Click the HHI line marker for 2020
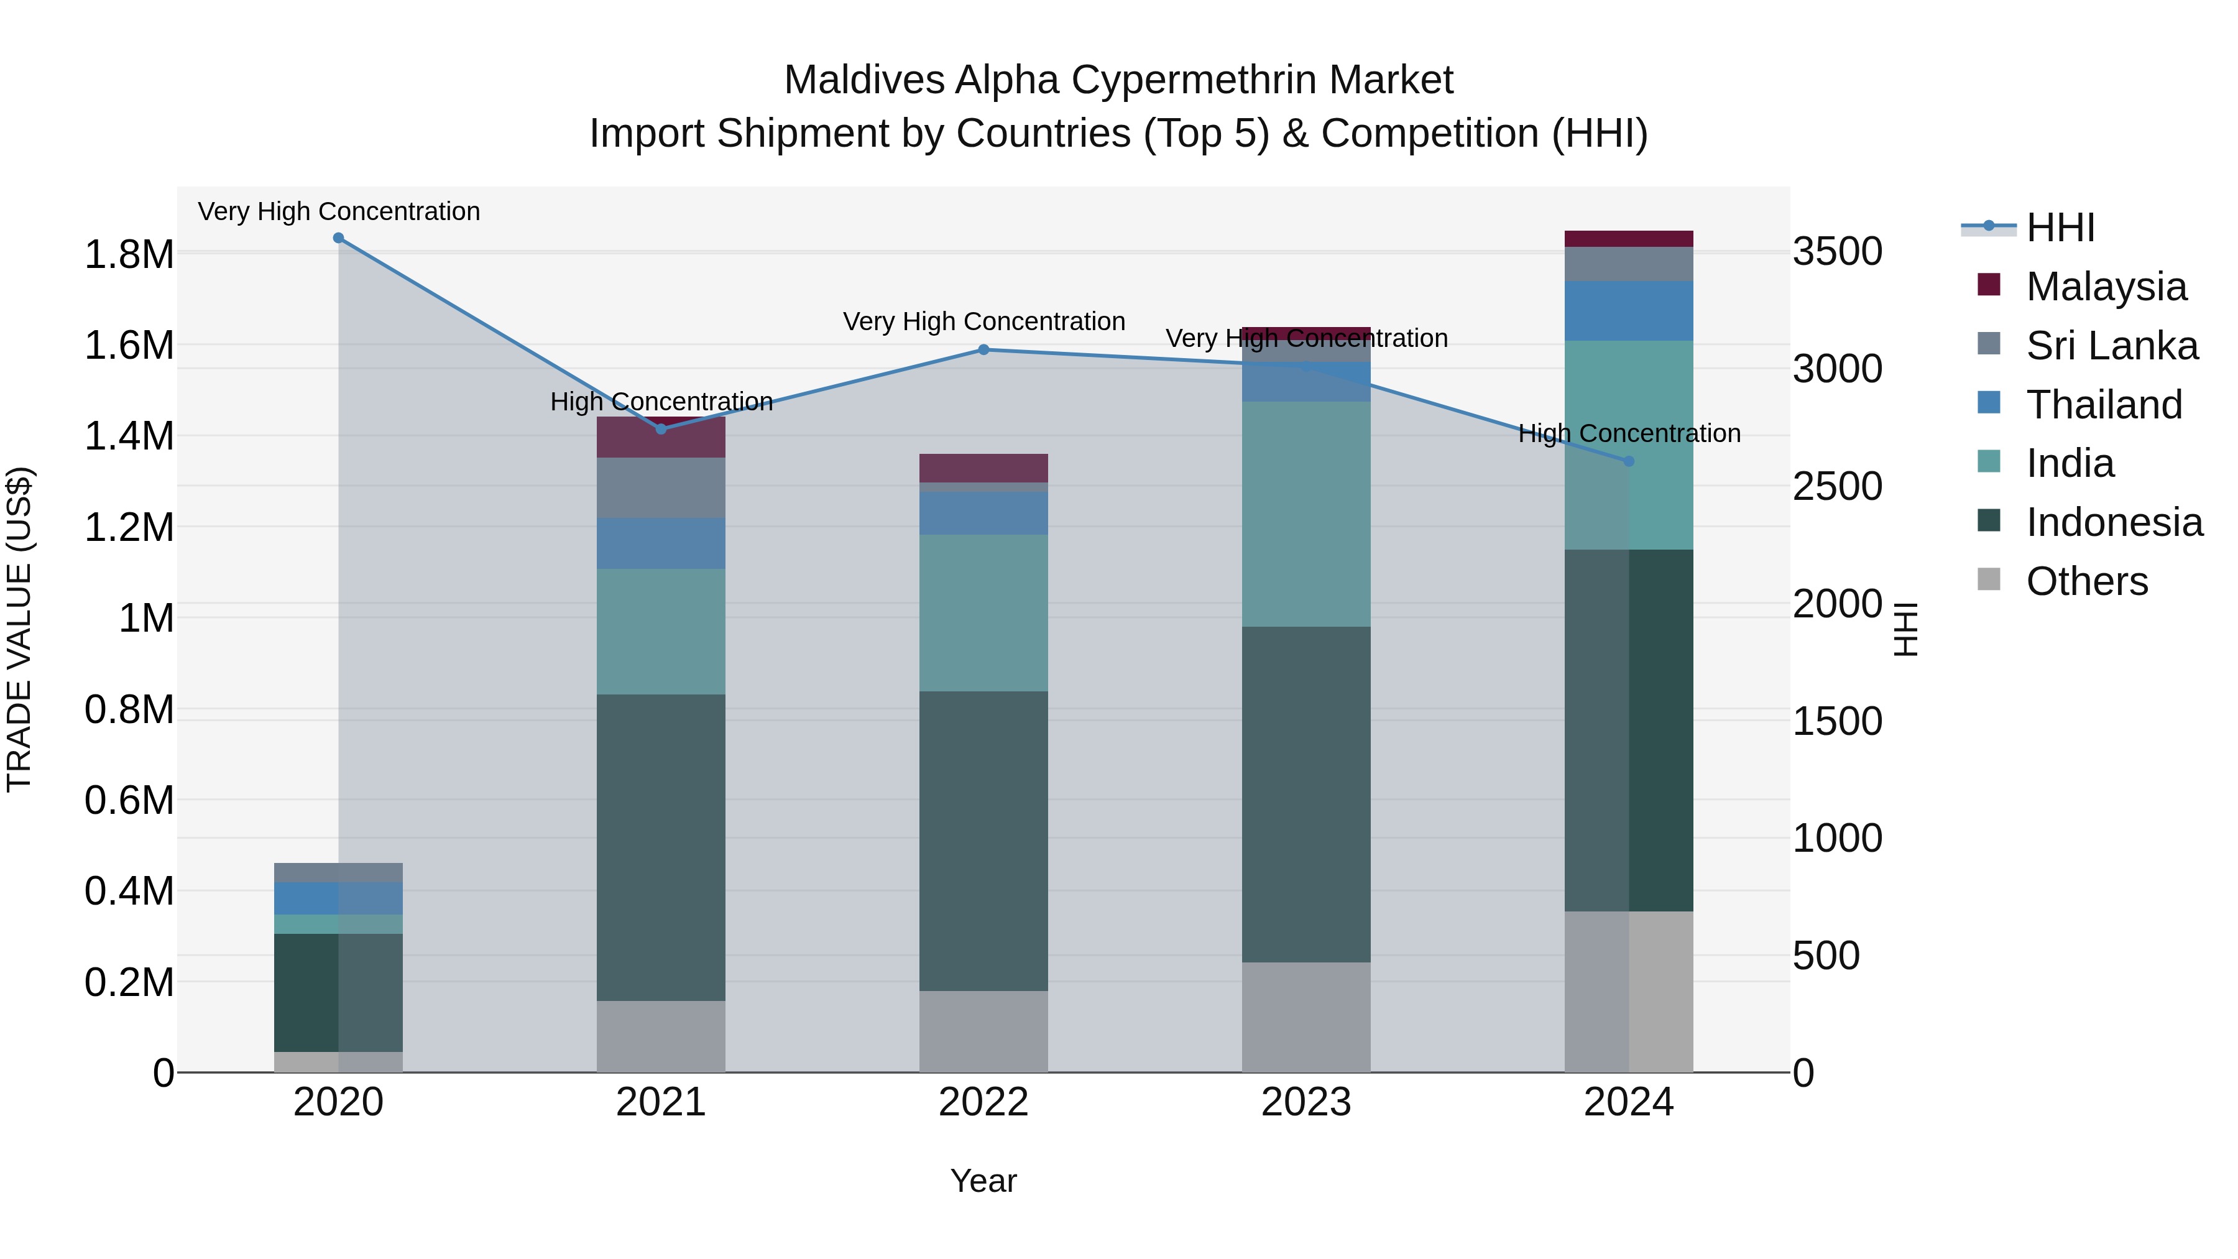[338, 238]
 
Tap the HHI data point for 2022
[983, 350]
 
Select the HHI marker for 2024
[1628, 461]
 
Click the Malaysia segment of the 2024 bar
[1628, 239]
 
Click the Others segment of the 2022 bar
[983, 1031]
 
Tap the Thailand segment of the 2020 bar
[338, 898]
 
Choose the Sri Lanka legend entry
[2111, 346]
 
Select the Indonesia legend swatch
[1989, 522]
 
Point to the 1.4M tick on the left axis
[129, 436]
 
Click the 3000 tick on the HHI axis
[1838, 369]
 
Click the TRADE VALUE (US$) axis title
[20, 629]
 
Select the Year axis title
[983, 1182]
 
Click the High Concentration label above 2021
[661, 402]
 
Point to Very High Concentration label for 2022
[983, 321]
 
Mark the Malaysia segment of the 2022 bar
[983, 468]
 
